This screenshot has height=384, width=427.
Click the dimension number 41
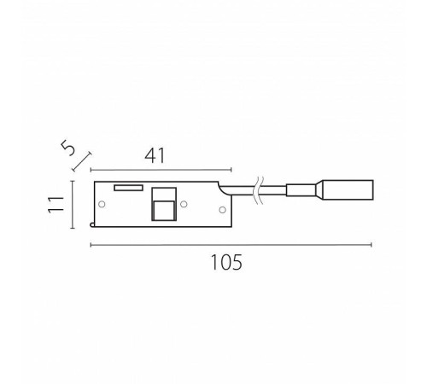[155, 156]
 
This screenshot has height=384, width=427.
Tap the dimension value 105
[226, 262]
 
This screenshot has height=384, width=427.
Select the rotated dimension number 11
[56, 204]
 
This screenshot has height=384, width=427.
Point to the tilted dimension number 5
[68, 148]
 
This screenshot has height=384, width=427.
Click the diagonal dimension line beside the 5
[82, 162]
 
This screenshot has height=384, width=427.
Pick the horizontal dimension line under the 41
[161, 170]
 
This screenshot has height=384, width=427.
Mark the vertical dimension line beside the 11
[73, 205]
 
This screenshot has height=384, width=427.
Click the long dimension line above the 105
[231, 245]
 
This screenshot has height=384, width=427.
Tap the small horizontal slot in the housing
[128, 188]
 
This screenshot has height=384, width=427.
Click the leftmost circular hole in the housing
[102, 204]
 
